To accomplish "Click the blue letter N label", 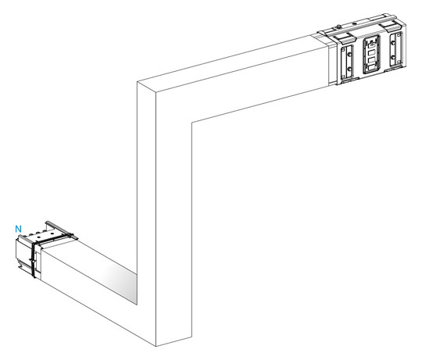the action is (18, 229).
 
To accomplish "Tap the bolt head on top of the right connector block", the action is (338, 27).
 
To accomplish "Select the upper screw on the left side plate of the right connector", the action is (349, 55).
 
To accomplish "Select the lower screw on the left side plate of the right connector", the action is (349, 69).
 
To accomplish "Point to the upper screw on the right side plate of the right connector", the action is (393, 43).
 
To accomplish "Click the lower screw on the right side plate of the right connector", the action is (393, 57).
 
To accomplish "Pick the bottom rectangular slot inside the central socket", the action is (372, 66).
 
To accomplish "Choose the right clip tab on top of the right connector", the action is (389, 27).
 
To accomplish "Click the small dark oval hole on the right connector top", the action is (355, 23).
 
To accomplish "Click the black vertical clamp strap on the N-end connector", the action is (33, 260).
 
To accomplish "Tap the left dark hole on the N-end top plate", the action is (39, 237).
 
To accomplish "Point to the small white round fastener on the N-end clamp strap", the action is (33, 262).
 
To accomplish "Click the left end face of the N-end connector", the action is (23, 253).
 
